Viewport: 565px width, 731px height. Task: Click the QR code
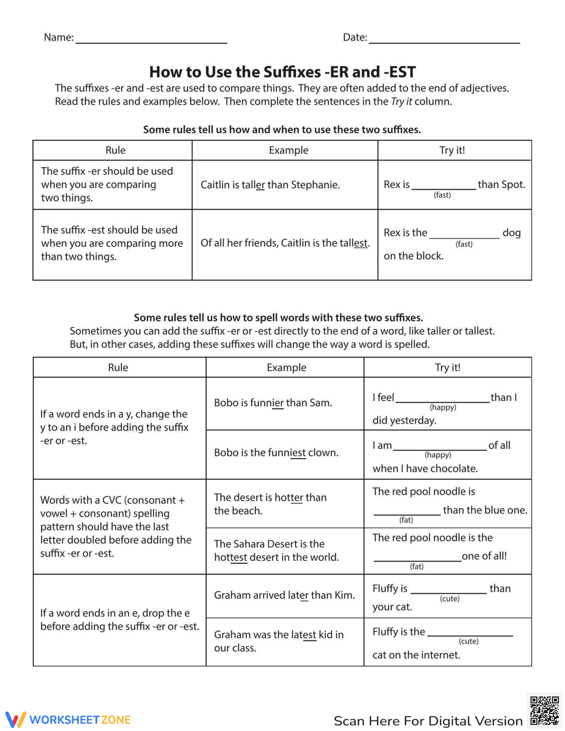click(x=544, y=711)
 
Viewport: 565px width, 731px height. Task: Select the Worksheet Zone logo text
click(x=80, y=720)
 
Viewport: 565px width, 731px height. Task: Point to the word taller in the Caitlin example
click(x=253, y=185)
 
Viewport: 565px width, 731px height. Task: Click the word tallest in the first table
click(x=354, y=243)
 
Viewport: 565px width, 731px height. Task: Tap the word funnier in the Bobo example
click(x=267, y=403)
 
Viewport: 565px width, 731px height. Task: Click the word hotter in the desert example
click(x=289, y=498)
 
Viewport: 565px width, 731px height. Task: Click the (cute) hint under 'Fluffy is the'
click(x=468, y=641)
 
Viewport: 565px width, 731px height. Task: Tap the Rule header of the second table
click(x=118, y=367)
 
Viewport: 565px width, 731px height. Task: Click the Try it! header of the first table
click(x=452, y=150)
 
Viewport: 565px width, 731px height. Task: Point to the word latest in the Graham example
click(x=302, y=635)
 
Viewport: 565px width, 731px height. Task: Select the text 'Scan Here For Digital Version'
click(x=428, y=721)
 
